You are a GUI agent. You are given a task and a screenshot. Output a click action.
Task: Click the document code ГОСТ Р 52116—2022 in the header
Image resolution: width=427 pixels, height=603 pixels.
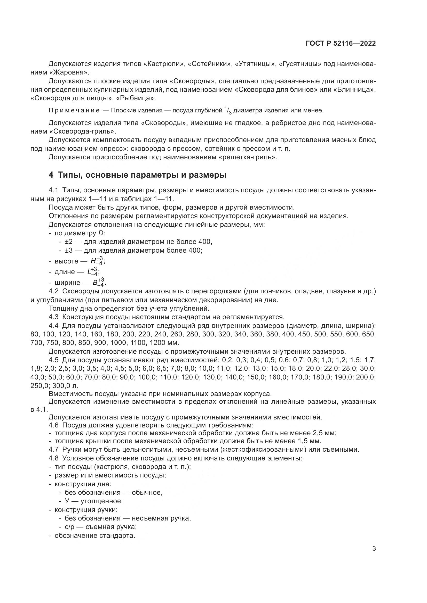tap(341, 44)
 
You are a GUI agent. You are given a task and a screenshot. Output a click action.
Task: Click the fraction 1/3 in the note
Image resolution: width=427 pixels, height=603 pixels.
tap(228, 111)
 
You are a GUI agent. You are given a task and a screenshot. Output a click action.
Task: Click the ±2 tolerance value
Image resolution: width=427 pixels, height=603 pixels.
tap(69, 242)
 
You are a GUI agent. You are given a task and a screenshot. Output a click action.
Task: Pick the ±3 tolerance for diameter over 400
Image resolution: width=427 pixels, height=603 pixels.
tap(69, 250)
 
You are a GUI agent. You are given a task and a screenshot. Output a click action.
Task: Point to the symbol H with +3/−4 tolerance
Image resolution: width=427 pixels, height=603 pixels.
tap(97, 261)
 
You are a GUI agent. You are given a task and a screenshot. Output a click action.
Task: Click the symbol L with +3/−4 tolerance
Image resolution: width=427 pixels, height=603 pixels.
tap(93, 272)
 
